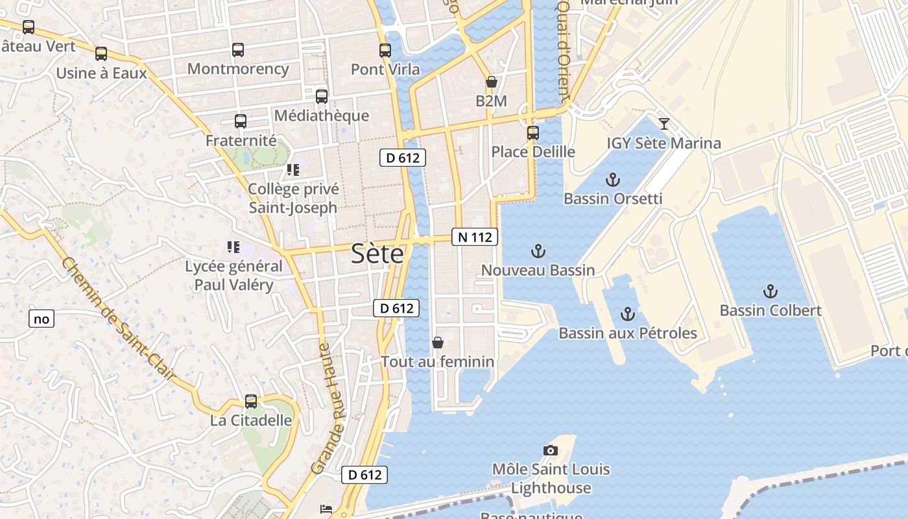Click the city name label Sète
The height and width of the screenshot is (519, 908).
377,254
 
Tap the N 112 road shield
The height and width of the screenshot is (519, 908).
475,237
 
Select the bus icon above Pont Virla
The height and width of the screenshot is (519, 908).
385,50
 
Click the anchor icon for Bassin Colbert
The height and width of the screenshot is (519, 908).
771,291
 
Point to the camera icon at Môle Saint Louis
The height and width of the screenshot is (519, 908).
550,450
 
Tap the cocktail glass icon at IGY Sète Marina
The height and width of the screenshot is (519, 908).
663,123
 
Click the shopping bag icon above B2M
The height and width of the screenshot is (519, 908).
492,82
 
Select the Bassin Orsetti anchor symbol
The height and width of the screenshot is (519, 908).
612,179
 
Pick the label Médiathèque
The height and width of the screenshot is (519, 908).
321,115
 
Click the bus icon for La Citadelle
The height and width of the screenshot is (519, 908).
251,401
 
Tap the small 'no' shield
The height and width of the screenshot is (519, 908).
41,319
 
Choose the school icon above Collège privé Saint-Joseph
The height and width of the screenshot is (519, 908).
293,170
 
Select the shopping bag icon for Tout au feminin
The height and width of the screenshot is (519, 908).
438,342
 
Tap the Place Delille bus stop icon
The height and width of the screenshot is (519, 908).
533,132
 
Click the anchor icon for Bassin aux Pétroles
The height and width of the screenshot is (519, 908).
627,314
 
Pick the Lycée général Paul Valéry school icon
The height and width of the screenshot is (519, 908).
233,247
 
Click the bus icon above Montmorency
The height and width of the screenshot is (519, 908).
238,49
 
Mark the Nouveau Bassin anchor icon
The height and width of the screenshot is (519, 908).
538,251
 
